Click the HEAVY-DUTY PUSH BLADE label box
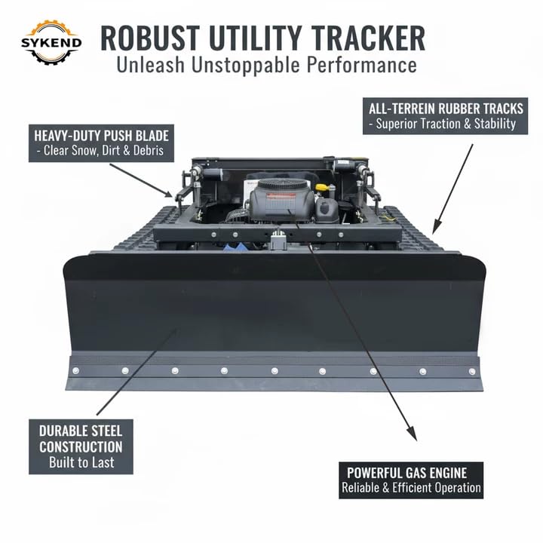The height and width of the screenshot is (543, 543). click(102, 143)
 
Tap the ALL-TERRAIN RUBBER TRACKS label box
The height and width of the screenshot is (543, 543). click(443, 115)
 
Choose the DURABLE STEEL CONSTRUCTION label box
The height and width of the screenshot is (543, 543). click(81, 446)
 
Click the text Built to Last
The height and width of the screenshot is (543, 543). click(81, 461)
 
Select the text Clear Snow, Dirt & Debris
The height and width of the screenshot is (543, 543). click(105, 152)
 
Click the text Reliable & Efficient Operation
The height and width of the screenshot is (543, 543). click(411, 488)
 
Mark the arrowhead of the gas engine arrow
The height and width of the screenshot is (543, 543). click(413, 436)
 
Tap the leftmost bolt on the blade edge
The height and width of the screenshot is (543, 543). click(75, 370)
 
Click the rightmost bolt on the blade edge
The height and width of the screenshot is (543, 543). click(472, 370)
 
